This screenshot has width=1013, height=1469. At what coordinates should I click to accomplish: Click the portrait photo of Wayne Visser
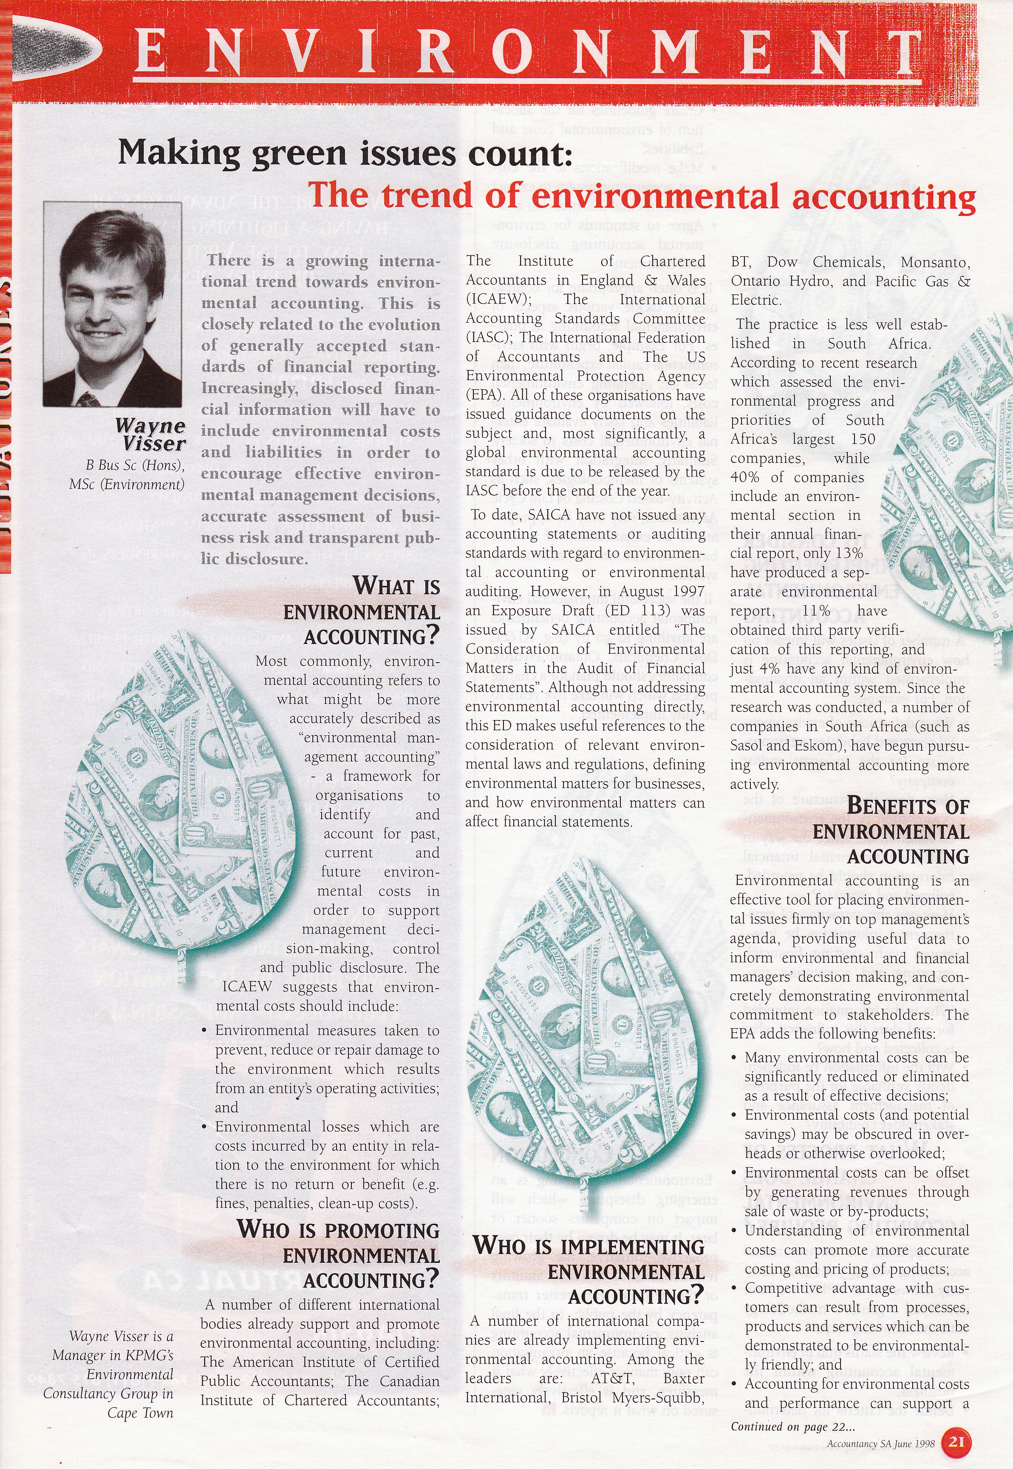[x=112, y=304]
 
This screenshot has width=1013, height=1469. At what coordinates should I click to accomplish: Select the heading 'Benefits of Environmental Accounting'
[x=891, y=831]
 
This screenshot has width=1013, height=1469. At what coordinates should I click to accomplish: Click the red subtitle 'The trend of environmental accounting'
[x=641, y=196]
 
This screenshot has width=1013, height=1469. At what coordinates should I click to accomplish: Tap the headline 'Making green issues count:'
[x=345, y=153]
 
